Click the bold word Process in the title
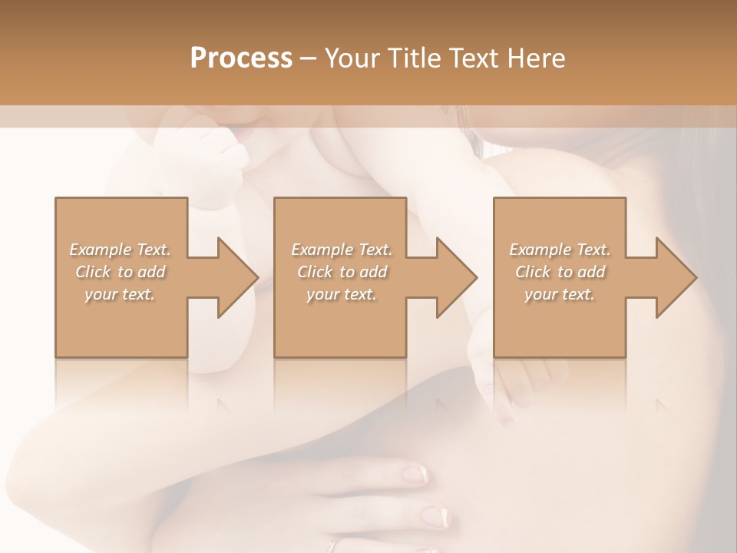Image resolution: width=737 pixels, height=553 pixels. click(241, 58)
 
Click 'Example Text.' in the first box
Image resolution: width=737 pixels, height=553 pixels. click(120, 250)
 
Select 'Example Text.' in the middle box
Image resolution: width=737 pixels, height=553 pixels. click(342, 250)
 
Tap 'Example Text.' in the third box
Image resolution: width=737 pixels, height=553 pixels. click(560, 250)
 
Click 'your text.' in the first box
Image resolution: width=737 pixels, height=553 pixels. click(120, 294)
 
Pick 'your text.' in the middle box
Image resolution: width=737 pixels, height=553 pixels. click(342, 294)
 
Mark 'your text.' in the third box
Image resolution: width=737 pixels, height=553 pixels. click(560, 294)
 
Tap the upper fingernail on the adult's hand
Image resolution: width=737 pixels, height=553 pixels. click(415, 474)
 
